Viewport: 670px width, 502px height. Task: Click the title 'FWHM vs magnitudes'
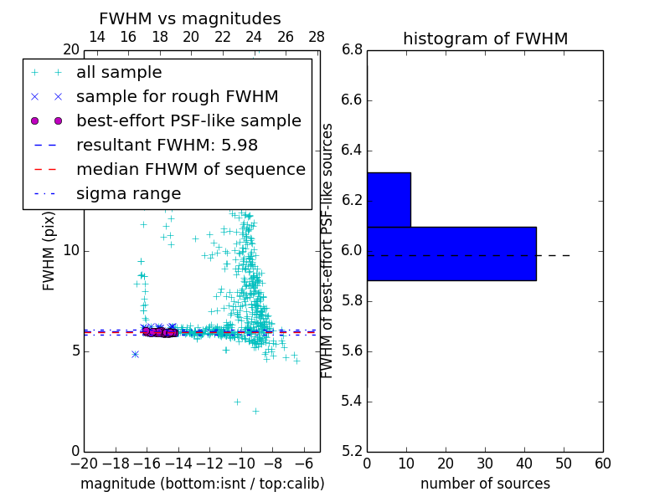190,18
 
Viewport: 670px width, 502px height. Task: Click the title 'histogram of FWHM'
485,38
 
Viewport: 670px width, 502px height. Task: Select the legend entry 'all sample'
119,73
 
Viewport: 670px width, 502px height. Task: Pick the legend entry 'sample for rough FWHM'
177,97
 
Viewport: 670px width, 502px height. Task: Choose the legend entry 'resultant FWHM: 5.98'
167,146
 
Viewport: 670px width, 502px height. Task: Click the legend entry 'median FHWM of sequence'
190,170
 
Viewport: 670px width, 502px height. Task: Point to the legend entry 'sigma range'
128,194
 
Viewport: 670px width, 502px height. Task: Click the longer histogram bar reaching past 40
451,254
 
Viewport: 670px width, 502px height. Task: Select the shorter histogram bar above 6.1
389,199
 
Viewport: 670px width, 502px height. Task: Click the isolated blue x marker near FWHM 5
135,354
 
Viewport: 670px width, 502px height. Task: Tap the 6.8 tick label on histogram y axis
352,50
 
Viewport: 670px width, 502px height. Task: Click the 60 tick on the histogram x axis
602,464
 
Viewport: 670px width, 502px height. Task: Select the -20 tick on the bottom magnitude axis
84,464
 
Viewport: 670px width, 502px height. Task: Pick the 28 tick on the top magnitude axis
317,37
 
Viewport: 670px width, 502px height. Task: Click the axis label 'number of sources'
485,484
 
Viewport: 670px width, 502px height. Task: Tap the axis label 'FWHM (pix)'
49,250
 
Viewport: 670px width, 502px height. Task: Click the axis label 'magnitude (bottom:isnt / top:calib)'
202,484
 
